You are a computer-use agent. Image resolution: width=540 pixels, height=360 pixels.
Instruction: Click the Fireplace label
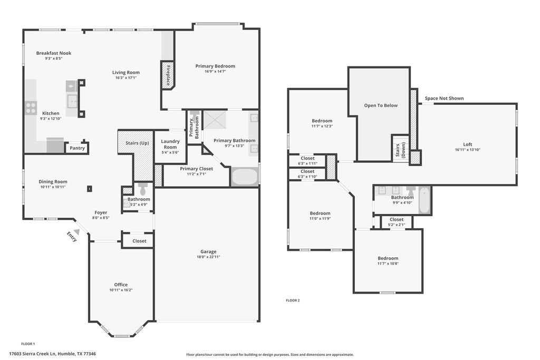[169, 75]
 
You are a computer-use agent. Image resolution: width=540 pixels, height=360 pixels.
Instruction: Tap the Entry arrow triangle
[77, 231]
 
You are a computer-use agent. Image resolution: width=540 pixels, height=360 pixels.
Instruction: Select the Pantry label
[77, 148]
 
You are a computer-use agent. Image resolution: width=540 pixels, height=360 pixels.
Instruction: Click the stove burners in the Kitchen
[31, 108]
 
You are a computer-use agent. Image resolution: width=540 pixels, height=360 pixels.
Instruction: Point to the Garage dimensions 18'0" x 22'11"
[208, 257]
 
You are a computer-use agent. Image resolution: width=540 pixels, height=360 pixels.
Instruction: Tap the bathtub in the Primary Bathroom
[245, 177]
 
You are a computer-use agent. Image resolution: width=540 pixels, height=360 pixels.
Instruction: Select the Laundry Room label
[170, 144]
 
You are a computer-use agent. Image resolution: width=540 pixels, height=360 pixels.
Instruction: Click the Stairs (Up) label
[137, 143]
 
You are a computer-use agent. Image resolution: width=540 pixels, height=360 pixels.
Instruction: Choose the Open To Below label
[381, 105]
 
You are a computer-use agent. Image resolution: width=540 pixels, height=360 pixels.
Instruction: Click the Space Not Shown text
[444, 98]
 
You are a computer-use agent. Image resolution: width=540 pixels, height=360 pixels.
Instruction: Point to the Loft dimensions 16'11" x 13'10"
[468, 150]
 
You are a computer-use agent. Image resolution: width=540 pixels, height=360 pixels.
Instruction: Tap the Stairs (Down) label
[401, 150]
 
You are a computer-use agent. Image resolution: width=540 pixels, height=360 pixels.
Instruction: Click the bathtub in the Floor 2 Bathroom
[424, 200]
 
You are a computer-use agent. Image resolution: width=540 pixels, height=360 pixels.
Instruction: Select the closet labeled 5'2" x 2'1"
[397, 222]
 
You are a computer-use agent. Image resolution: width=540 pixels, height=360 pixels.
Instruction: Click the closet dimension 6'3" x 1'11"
[307, 163]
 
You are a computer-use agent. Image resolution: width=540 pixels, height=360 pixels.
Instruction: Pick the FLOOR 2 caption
[293, 300]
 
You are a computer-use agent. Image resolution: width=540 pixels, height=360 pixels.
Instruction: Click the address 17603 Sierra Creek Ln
[32, 354]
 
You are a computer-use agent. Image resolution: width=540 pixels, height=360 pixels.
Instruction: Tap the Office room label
[121, 285]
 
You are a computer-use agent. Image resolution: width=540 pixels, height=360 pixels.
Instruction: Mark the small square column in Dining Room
[90, 189]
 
